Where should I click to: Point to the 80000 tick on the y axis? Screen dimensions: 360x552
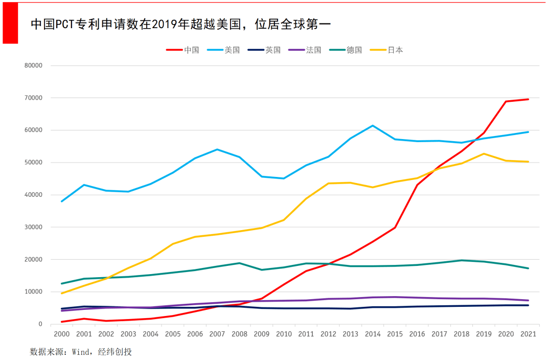coord(33,65)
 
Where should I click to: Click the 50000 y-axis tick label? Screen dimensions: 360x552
coord(33,163)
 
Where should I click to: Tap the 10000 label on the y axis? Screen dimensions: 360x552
coord(33,292)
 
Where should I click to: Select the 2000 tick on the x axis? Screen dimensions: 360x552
coord(61,334)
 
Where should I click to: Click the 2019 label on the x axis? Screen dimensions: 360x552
coord(484,334)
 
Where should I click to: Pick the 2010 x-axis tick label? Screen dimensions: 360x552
coord(284,334)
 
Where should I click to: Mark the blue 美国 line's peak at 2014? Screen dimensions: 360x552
coord(373,125)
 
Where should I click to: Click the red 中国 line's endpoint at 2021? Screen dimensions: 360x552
coord(528,99)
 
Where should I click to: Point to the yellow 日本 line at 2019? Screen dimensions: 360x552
coord(484,154)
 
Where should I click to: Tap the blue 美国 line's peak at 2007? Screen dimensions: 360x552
coord(217,149)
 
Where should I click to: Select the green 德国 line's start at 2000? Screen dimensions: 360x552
coord(62,283)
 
